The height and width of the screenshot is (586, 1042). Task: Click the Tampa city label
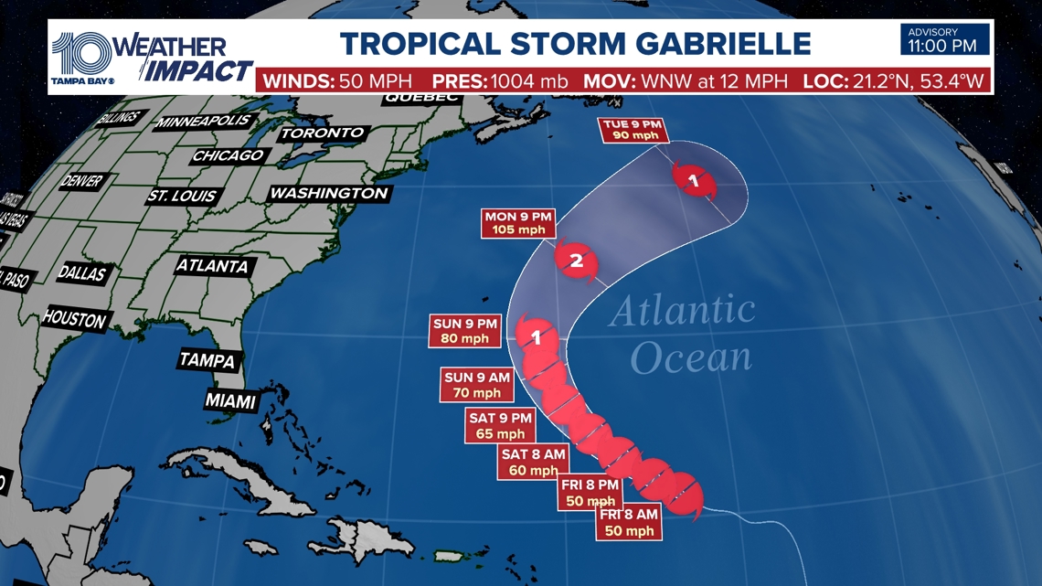(x=207, y=360)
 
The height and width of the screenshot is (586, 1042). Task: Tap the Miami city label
(x=231, y=400)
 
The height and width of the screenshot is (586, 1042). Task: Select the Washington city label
(x=329, y=194)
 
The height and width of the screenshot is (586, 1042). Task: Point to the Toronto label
(x=322, y=133)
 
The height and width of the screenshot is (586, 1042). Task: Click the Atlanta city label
(x=212, y=266)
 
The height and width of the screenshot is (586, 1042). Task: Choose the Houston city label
(x=74, y=318)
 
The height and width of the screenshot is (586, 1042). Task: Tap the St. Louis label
(x=182, y=196)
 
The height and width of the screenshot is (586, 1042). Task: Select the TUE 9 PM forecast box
(x=634, y=130)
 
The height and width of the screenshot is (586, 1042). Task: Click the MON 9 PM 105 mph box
(x=518, y=222)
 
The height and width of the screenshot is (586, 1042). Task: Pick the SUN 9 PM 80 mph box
(x=464, y=329)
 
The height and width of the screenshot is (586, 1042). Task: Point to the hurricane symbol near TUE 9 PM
(x=694, y=180)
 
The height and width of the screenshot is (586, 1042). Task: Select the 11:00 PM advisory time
(x=944, y=45)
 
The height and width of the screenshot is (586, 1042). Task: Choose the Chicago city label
(x=228, y=155)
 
